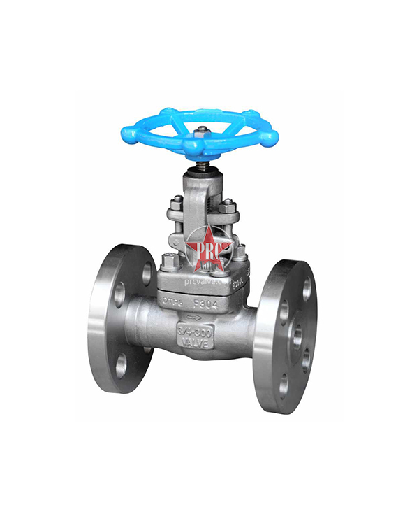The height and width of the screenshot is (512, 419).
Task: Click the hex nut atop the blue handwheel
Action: pyautogui.click(x=203, y=130)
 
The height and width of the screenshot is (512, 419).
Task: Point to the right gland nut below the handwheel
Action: pyautogui.click(x=227, y=205)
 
